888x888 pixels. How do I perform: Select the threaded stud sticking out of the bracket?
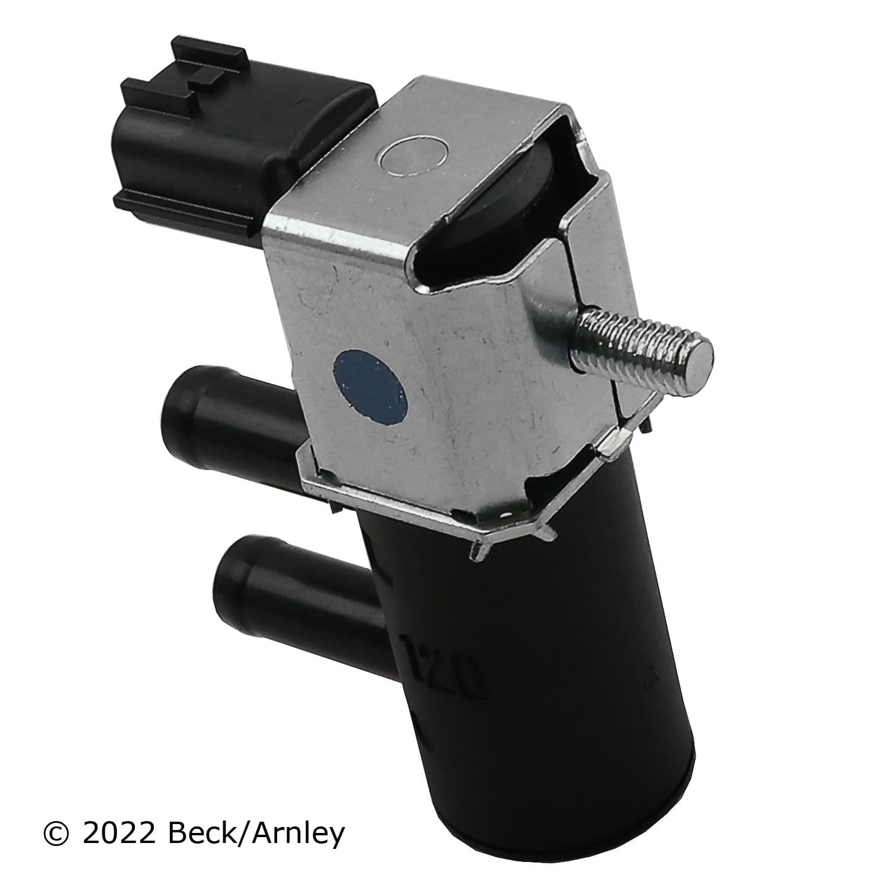[639, 349]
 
